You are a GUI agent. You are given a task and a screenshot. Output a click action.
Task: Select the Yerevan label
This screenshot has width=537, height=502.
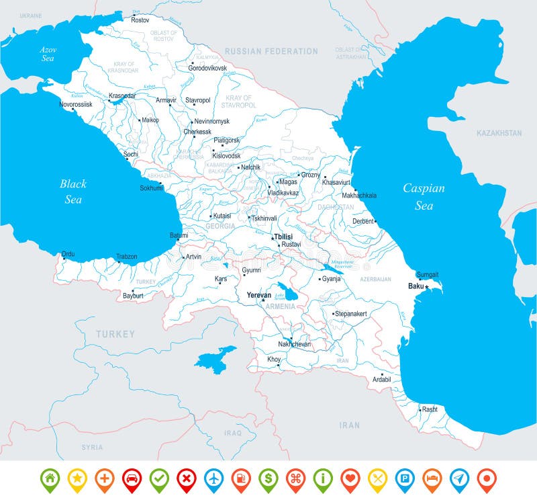(x=258, y=295)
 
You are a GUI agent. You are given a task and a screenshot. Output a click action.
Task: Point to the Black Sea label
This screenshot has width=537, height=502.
(x=73, y=191)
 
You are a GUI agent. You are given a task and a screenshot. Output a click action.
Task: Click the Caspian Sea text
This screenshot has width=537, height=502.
(x=424, y=196)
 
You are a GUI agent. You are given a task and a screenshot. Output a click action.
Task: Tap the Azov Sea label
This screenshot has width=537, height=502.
(x=48, y=54)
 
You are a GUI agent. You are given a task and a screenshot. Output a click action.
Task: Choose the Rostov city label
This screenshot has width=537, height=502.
(x=140, y=20)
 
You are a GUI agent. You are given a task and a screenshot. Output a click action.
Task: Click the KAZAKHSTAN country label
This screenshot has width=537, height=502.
(x=499, y=133)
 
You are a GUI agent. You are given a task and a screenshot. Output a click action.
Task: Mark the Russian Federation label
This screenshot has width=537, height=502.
(x=271, y=51)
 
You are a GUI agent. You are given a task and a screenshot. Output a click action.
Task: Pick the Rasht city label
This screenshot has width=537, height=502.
(x=429, y=409)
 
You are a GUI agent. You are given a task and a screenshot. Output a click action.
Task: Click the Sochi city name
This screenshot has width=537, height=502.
(x=130, y=154)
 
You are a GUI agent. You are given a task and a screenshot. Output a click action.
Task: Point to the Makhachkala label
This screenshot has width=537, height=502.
(x=359, y=195)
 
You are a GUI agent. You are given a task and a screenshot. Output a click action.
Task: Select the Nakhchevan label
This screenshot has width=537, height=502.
(x=294, y=344)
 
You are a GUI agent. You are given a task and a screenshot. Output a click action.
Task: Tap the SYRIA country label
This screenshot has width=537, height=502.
(x=92, y=447)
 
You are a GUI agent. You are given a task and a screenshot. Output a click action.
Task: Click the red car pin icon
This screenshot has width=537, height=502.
(x=132, y=478)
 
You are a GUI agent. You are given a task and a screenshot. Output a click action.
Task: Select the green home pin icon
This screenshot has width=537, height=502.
(x=50, y=478)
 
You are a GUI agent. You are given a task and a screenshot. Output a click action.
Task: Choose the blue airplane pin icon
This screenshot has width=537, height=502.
(x=213, y=478)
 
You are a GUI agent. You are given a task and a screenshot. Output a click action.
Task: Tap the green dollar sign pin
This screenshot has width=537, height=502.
(x=268, y=478)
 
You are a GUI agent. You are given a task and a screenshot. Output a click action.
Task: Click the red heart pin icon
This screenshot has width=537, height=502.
(x=350, y=478)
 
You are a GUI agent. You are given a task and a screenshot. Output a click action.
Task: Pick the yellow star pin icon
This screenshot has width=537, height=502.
(x=77, y=478)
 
